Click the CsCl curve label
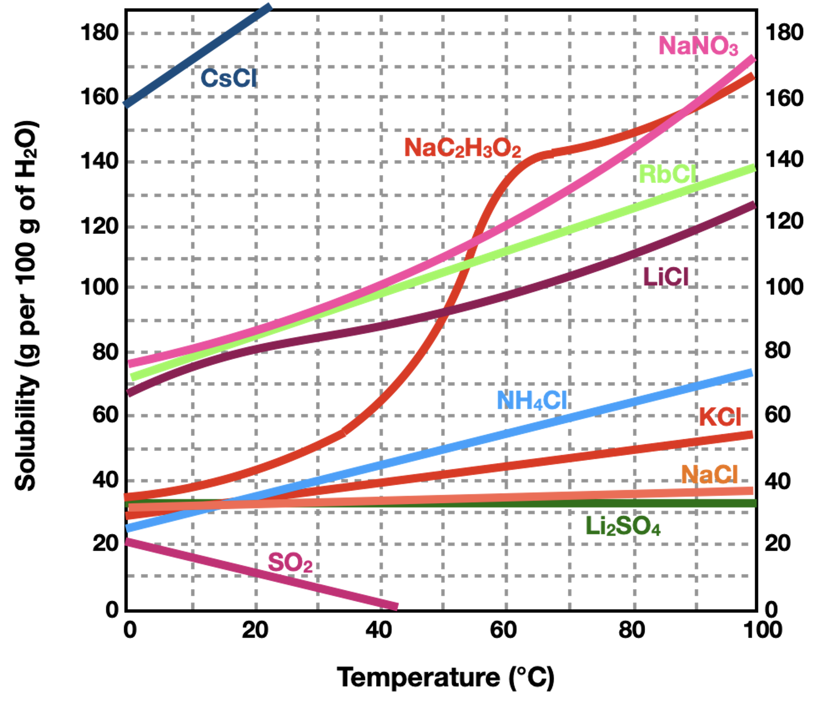tap(229, 78)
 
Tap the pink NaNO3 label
tap(698, 46)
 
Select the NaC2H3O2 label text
tap(462, 148)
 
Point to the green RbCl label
tap(668, 175)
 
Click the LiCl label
tap(666, 277)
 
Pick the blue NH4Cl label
tap(532, 401)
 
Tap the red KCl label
tap(720, 417)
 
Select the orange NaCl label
tap(709, 474)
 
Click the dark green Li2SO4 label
tap(623, 526)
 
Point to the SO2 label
tap(290, 563)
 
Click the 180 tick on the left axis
tap(100, 33)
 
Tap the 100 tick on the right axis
tap(784, 287)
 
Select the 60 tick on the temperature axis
tap(503, 630)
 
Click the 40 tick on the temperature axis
tap(379, 630)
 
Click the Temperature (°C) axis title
tap(445, 678)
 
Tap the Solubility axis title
tap(26, 306)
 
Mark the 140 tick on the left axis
tap(100, 161)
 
